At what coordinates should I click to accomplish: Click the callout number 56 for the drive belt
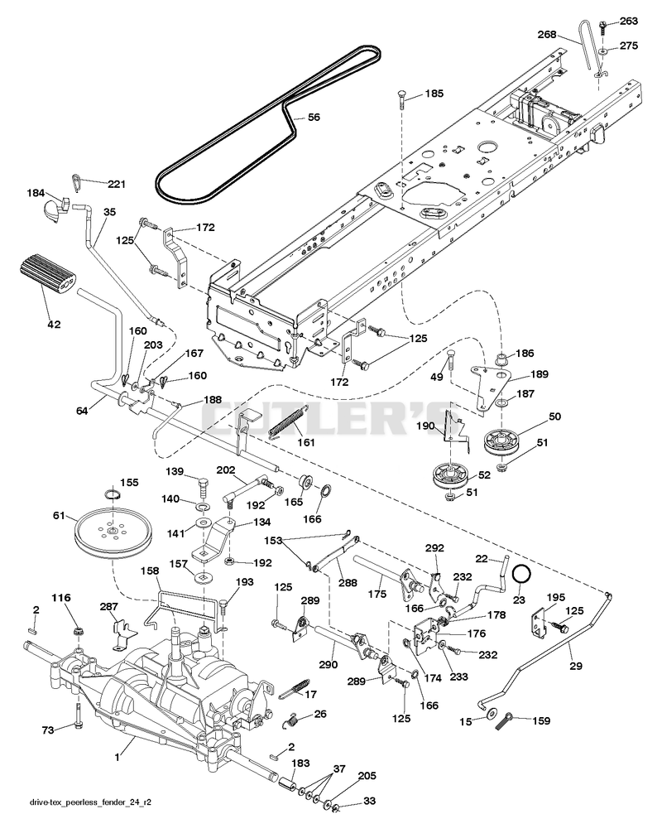[x=314, y=117]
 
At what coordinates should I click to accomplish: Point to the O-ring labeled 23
[x=521, y=575]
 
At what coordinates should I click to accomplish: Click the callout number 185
[x=434, y=94]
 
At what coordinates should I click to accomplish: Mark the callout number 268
[x=547, y=35]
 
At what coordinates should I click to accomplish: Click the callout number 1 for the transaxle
[x=117, y=758]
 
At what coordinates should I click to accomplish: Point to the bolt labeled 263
[x=602, y=26]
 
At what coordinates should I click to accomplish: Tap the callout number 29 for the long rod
[x=575, y=666]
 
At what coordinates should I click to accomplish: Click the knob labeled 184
[x=54, y=207]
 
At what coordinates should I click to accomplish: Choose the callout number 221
[x=117, y=184]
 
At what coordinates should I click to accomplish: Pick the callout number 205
[x=367, y=775]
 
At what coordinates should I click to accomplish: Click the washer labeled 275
[x=602, y=51]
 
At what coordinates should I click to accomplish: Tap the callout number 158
[x=150, y=571]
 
